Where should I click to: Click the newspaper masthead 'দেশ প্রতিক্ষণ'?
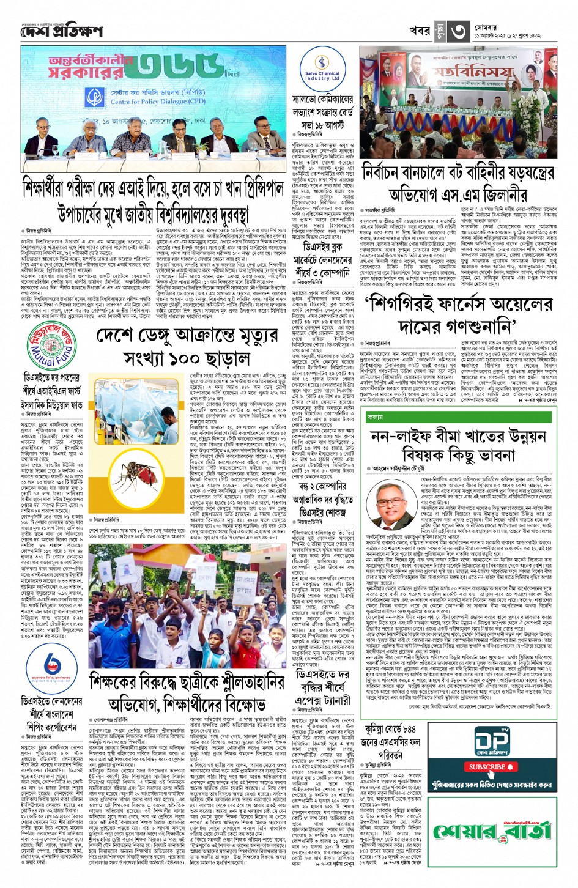(61, 31)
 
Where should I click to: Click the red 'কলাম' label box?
(376, 416)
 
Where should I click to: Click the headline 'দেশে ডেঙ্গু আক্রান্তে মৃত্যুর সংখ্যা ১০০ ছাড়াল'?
(186, 346)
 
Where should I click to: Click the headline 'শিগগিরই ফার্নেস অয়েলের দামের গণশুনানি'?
(458, 314)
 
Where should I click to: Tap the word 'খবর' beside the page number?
(420, 31)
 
